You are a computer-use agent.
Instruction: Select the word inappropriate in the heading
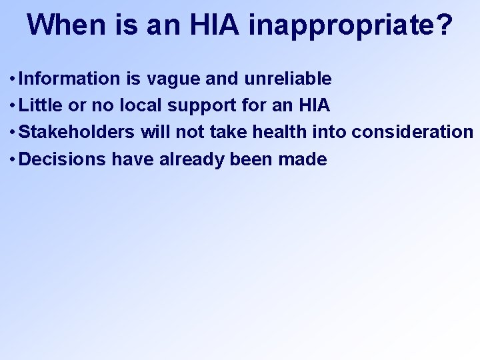tap(342, 25)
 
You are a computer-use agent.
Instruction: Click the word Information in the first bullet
tap(69, 79)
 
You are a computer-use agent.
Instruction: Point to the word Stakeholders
tap(78, 132)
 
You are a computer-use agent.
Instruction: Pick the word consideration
tap(413, 132)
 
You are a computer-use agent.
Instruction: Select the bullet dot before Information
tap(13, 79)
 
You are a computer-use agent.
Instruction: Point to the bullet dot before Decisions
tap(13, 160)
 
